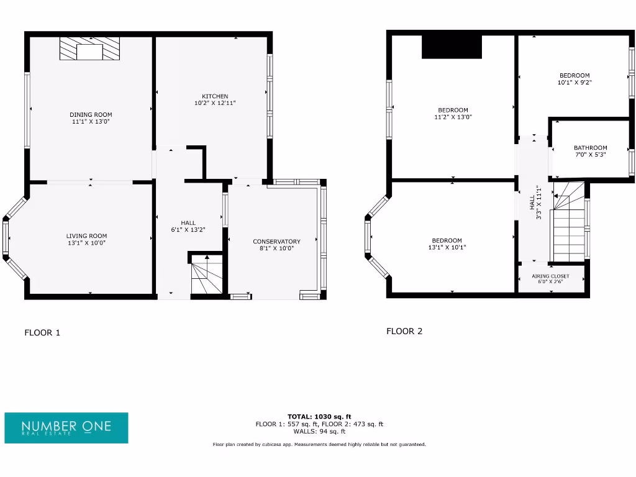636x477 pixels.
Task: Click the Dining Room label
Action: [x=91, y=114]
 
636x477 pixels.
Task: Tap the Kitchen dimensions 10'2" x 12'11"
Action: [x=215, y=103]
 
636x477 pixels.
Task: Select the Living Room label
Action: [x=87, y=235]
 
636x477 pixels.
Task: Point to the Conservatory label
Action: [x=276, y=241]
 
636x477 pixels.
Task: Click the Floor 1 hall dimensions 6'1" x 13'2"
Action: [x=188, y=230]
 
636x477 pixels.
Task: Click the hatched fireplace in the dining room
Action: [x=89, y=49]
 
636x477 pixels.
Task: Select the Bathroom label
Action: [x=590, y=148]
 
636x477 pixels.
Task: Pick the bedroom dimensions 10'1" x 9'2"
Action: [x=575, y=82]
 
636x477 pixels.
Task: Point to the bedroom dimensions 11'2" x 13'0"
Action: [x=453, y=117]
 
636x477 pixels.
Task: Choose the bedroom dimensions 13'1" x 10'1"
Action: [x=447, y=247]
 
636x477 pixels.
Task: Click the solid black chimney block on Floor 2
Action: [x=452, y=47]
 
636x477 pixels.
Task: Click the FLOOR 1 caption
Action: [x=42, y=332]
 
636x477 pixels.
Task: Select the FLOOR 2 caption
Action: [x=404, y=331]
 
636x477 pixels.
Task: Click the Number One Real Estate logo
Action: [x=66, y=427]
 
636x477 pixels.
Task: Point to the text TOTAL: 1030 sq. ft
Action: [x=319, y=416]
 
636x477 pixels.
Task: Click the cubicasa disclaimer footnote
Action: [x=319, y=445]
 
